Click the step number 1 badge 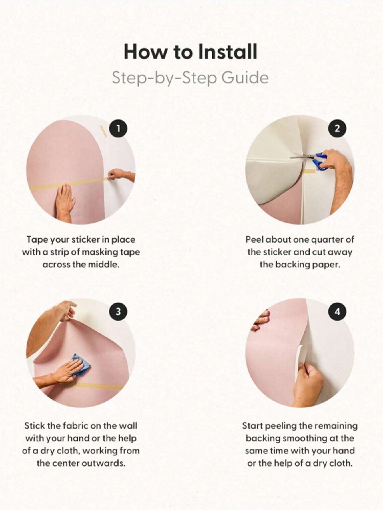[x=118, y=129]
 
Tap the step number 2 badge [x=337, y=129]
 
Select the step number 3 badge [x=118, y=311]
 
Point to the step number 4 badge [x=337, y=311]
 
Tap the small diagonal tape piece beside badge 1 [x=103, y=131]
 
